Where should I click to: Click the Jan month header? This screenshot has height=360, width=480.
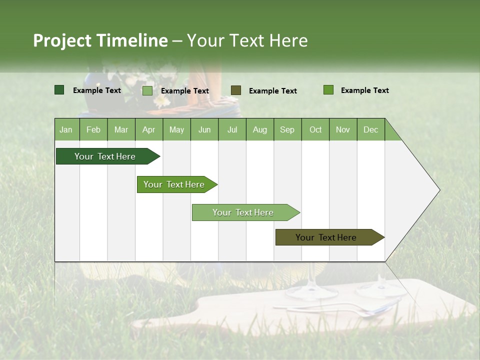pyautogui.click(x=66, y=129)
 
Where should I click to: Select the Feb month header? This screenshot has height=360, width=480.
pyautogui.click(x=93, y=129)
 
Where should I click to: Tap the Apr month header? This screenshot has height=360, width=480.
pyautogui.click(x=148, y=129)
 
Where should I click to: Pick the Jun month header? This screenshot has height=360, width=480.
pyautogui.click(x=204, y=129)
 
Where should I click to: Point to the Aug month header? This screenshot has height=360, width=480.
pyautogui.click(x=259, y=129)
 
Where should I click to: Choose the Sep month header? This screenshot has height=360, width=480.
pyautogui.click(x=287, y=129)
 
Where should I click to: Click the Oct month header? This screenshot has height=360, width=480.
pyautogui.click(x=315, y=129)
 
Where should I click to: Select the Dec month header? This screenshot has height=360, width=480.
pyautogui.click(x=370, y=129)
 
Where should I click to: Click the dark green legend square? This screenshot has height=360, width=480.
pyautogui.click(x=59, y=90)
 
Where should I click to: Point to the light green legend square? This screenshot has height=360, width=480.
pyautogui.click(x=147, y=90)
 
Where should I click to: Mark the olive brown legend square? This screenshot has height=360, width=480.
pyautogui.click(x=236, y=90)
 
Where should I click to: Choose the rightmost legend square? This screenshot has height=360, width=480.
pyautogui.click(x=328, y=90)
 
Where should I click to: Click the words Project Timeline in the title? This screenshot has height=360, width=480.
pyautogui.click(x=100, y=40)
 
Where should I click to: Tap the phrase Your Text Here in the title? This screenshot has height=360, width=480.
pyautogui.click(x=247, y=40)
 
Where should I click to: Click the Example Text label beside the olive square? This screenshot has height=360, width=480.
pyautogui.click(x=272, y=91)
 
